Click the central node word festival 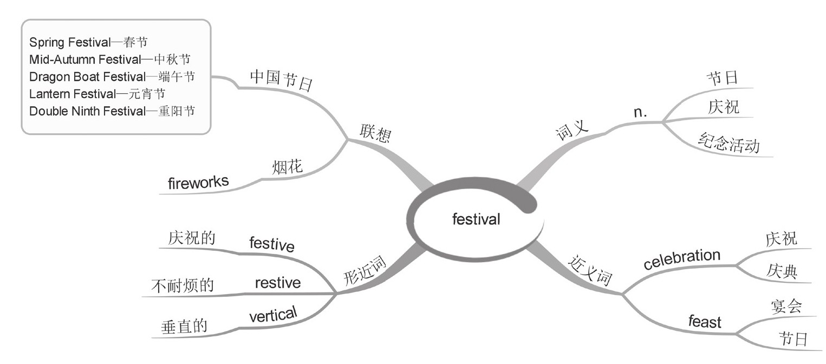476,219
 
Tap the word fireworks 198,183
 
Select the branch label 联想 374,133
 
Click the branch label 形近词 365,271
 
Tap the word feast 705,322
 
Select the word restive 277,283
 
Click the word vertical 273,315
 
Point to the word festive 272,244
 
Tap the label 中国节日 281,82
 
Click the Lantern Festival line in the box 97,94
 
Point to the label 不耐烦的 183,286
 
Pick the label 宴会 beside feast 786,307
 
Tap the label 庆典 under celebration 782,271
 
